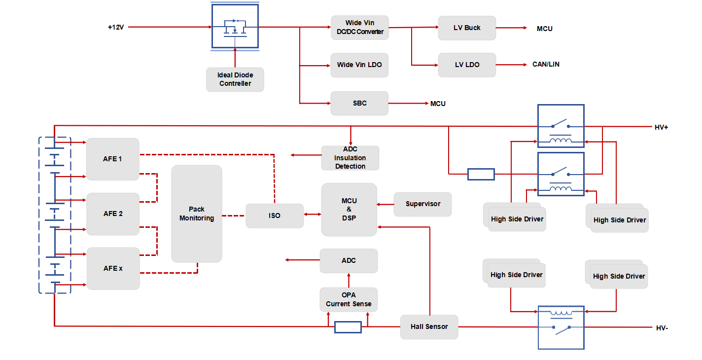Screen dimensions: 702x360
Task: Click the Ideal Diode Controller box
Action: click(x=235, y=79)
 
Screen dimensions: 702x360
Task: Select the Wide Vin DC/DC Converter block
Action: click(x=360, y=28)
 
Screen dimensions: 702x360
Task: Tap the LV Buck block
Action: click(x=467, y=28)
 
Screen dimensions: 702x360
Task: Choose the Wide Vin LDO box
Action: click(x=359, y=65)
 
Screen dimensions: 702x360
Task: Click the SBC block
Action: click(x=359, y=103)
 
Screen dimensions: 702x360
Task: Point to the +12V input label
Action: click(x=116, y=27)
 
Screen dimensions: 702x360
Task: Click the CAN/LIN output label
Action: click(x=546, y=64)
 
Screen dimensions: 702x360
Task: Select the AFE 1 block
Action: click(x=113, y=159)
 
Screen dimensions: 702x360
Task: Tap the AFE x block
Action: click(x=113, y=268)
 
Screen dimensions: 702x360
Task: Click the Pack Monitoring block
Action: click(x=197, y=214)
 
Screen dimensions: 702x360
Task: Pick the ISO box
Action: click(x=275, y=216)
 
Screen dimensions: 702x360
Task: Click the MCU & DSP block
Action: click(x=349, y=210)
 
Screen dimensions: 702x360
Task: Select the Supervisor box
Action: click(x=423, y=204)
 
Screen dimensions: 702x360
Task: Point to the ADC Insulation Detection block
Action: click(x=350, y=158)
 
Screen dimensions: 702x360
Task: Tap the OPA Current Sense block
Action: click(x=349, y=299)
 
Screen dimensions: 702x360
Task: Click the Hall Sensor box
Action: click(x=429, y=327)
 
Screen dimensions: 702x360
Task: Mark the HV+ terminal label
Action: click(x=661, y=127)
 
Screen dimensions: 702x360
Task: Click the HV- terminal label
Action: click(x=662, y=328)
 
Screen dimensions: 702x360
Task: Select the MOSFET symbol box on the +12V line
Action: click(x=235, y=26)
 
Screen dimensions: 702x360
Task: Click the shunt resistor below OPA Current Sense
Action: click(x=348, y=327)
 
